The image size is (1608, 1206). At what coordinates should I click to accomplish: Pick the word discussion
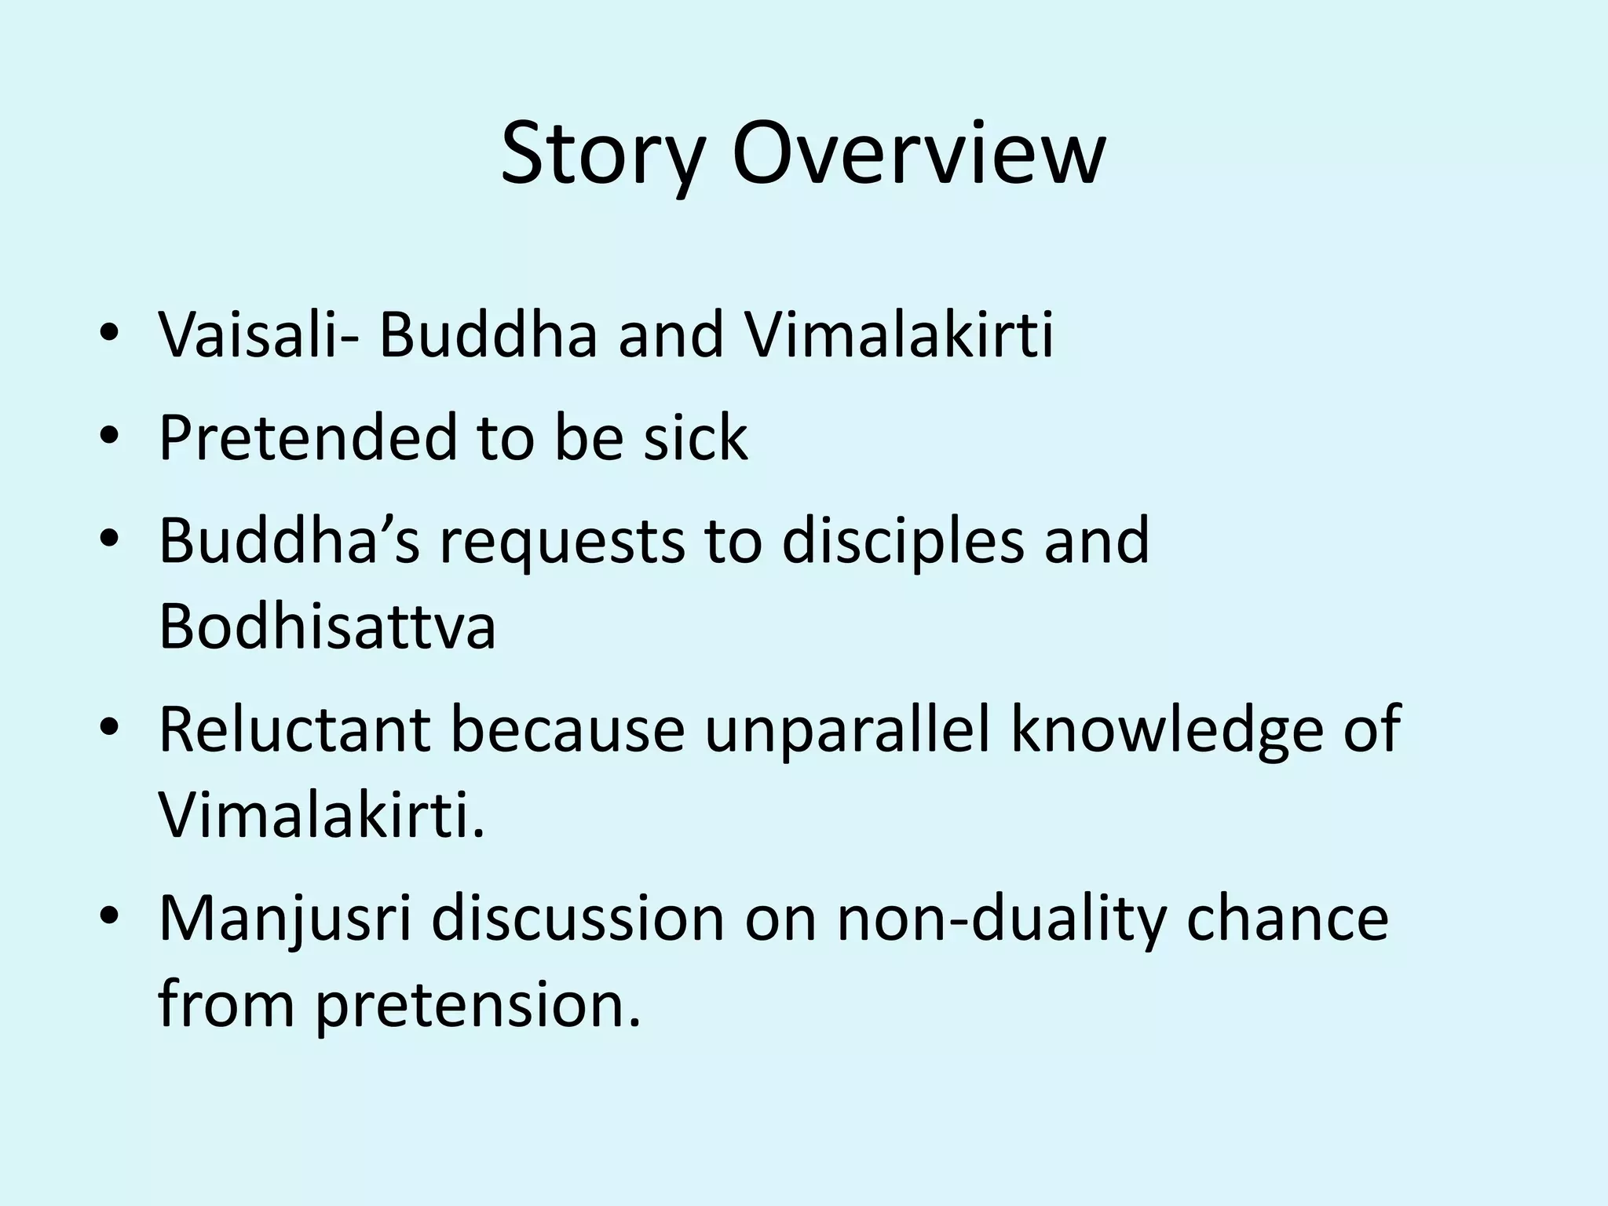pyautogui.click(x=578, y=919)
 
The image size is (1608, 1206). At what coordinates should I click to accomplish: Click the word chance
pyautogui.click(x=1288, y=919)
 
